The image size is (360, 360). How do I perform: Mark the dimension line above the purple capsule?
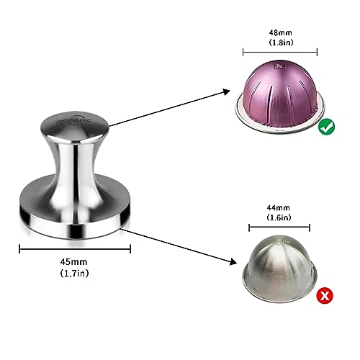[280, 52]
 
